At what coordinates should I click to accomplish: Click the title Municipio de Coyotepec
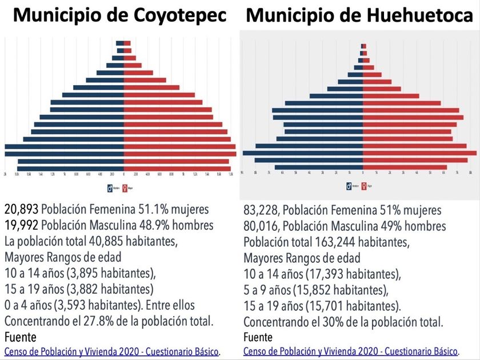click(x=119, y=17)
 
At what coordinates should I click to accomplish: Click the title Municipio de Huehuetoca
click(x=359, y=17)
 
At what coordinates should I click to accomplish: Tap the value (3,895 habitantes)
click(x=107, y=273)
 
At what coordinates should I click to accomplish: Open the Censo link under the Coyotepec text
click(x=112, y=350)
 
